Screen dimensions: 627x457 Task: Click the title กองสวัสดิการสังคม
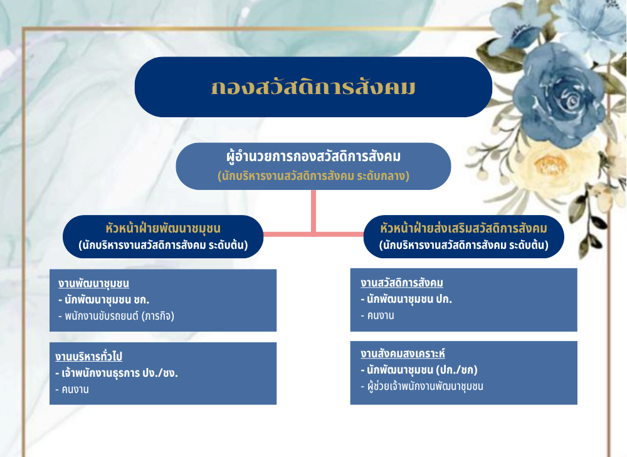click(x=313, y=87)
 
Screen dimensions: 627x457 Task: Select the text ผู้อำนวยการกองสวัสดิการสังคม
click(x=313, y=156)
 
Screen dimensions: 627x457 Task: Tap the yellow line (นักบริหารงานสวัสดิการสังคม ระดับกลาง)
click(x=313, y=176)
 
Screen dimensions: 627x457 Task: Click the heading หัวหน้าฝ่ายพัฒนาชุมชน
click(x=163, y=228)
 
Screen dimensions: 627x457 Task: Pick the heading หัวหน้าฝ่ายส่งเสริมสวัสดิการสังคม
click(x=463, y=228)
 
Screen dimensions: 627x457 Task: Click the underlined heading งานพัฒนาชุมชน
click(x=93, y=283)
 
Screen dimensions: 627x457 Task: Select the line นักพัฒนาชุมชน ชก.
click(x=104, y=300)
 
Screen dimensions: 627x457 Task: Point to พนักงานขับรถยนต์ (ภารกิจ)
click(x=117, y=316)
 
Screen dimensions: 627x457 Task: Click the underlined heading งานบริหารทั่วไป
click(x=89, y=356)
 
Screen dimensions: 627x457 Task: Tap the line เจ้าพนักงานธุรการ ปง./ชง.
click(x=117, y=373)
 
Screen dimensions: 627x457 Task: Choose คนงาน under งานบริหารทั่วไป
click(x=72, y=389)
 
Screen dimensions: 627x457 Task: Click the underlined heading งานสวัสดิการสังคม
click(x=402, y=283)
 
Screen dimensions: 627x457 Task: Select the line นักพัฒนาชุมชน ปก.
click(x=406, y=299)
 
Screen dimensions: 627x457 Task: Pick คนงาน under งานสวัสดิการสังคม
click(x=377, y=315)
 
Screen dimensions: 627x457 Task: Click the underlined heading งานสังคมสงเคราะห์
click(x=403, y=354)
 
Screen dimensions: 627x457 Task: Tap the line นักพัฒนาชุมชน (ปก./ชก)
click(x=419, y=370)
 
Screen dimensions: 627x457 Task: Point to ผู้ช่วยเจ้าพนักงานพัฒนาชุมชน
click(x=422, y=387)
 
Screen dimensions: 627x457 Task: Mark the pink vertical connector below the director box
click(x=313, y=212)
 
